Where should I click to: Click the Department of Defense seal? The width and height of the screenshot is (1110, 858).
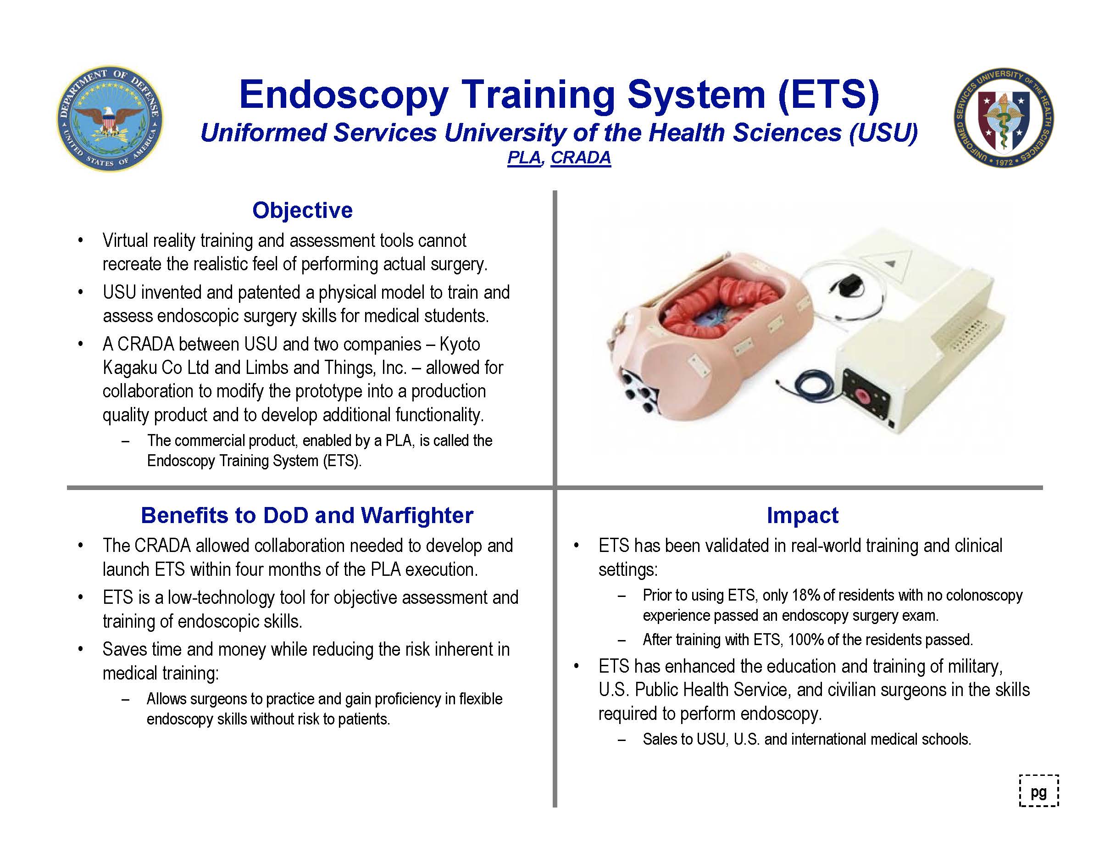110,118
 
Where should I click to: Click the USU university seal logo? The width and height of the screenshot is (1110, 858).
1003,118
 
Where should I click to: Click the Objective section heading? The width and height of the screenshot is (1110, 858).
302,210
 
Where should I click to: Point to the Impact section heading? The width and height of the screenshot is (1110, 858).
803,515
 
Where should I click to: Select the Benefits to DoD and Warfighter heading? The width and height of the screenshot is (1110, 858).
307,515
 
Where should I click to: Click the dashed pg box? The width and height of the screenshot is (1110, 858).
1039,791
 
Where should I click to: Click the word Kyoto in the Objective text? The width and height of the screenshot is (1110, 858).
460,344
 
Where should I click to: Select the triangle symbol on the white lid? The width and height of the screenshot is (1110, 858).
889,263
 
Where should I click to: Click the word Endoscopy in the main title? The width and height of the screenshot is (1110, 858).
344,95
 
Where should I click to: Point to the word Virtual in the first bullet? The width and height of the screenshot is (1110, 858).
125,240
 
